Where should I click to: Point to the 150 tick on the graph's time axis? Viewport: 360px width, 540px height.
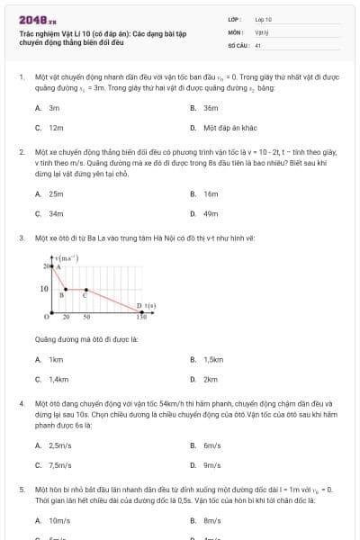141,317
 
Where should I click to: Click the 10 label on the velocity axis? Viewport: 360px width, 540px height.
42,288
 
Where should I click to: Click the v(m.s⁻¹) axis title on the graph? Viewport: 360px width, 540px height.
66,259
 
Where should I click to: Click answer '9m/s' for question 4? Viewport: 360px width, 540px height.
211,465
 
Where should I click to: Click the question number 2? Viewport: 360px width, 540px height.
21,153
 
